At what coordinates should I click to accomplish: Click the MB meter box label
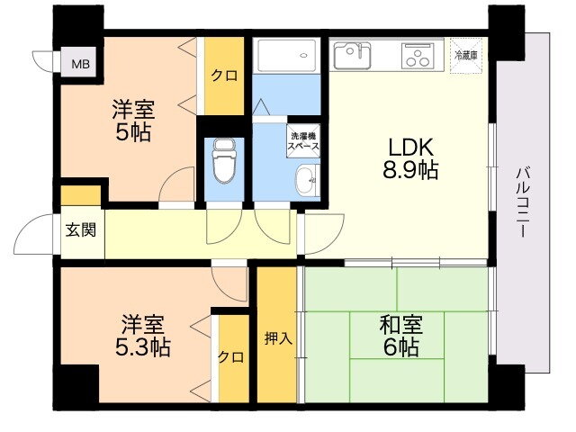80,65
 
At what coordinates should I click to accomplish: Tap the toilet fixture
224,160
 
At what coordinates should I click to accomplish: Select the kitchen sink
352,56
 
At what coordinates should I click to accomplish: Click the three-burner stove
418,56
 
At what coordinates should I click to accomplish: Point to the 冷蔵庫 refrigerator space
466,56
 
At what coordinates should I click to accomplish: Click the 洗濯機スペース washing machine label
303,141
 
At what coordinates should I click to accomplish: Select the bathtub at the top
286,56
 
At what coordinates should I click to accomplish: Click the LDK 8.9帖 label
410,158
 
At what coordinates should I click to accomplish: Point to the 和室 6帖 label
400,336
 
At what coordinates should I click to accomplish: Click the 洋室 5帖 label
133,121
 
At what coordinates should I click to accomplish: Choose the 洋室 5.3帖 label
143,336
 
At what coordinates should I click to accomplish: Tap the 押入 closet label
278,338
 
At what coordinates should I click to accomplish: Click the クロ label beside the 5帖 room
224,76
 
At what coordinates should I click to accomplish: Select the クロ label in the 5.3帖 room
230,357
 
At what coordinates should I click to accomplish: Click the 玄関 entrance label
81,230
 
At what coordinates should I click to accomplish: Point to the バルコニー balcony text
523,202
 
